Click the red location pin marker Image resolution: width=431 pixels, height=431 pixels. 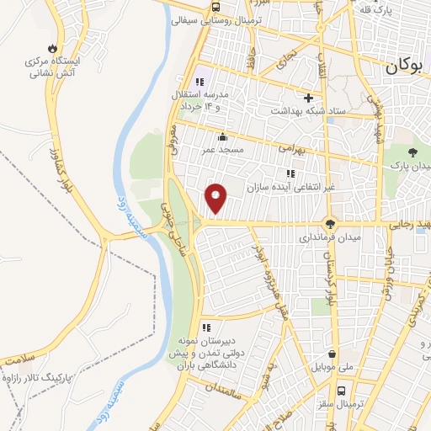click(216, 199)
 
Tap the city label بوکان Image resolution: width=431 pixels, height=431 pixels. click(407, 68)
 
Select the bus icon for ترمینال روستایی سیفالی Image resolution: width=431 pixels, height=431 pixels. click(215, 6)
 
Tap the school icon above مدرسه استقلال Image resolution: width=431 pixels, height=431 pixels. click(200, 82)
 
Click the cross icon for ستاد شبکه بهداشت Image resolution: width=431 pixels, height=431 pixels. click(308, 98)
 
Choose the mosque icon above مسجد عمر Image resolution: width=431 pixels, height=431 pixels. click(222, 137)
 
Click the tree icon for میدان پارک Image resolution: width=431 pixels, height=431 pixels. click(412, 152)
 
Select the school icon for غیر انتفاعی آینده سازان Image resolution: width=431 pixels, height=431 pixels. click(290, 173)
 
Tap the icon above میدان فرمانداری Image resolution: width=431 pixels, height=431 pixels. click(330, 224)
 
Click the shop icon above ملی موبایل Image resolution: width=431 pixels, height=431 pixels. click(334, 354)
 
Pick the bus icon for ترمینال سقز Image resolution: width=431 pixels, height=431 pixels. click(341, 391)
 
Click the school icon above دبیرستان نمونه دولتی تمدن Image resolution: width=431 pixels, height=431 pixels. click(206, 327)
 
